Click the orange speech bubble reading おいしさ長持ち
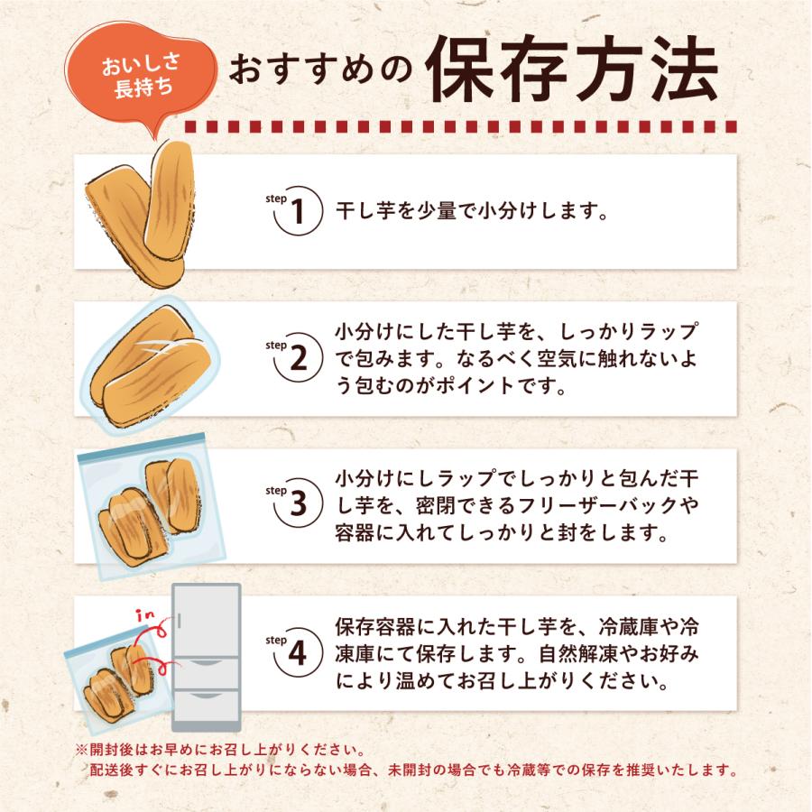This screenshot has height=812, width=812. tap(141, 79)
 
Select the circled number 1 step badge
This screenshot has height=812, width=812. tap(299, 213)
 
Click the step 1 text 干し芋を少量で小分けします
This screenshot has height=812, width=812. tap(469, 213)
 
